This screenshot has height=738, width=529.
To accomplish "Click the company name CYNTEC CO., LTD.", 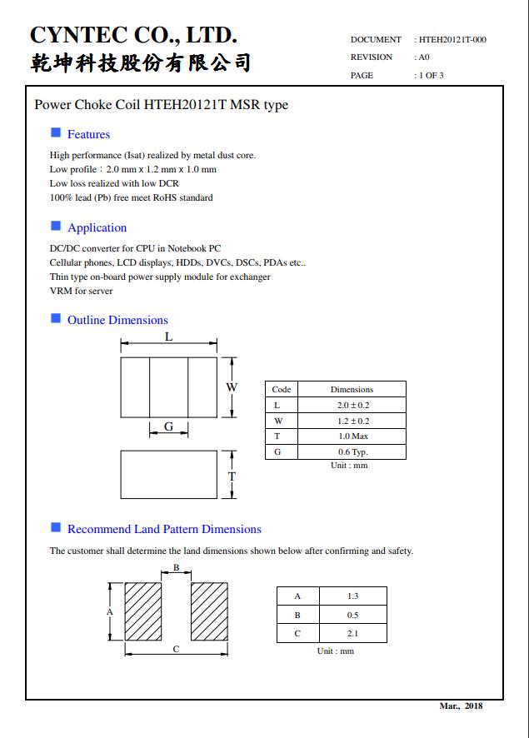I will click(133, 35).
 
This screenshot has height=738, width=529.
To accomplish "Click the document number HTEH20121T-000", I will click(452, 39).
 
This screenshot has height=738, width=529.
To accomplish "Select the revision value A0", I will click(424, 57).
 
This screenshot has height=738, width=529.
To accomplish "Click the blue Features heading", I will click(88, 134).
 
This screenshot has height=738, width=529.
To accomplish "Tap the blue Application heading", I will click(97, 227).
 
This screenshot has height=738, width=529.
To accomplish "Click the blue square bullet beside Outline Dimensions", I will click(56, 318).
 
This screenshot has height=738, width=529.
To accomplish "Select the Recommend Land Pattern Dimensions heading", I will click(164, 529).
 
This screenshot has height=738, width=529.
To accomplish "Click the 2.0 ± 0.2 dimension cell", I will click(352, 405).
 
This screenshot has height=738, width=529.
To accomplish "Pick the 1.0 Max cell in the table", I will click(352, 436).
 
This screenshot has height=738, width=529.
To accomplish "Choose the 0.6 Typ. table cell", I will click(352, 452).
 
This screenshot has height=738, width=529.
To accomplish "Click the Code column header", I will click(282, 389).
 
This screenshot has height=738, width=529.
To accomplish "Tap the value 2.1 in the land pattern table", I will click(352, 634).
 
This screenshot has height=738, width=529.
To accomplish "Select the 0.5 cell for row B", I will click(352, 615).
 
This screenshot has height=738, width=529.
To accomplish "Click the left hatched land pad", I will click(143, 611).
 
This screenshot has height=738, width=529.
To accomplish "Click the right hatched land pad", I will click(210, 611).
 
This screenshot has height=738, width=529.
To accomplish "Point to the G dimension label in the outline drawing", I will click(168, 426).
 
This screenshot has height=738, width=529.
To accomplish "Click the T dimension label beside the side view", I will click(232, 476).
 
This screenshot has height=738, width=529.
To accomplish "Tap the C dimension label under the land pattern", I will click(176, 650).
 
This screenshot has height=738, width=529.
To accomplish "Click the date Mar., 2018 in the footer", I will click(461, 706).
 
